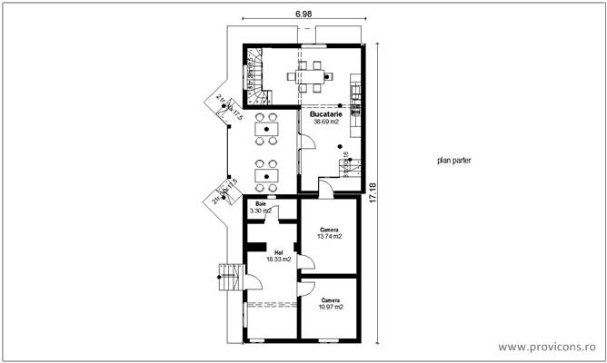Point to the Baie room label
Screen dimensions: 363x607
pyautogui.click(x=261, y=204)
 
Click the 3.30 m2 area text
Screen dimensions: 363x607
pyautogui.click(x=261, y=211)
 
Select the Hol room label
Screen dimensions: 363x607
pyautogui.click(x=278, y=251)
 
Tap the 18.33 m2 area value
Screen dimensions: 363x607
pyautogui.click(x=278, y=259)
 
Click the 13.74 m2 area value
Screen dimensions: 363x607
pyautogui.click(x=329, y=236)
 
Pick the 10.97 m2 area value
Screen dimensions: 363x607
pyautogui.click(x=330, y=307)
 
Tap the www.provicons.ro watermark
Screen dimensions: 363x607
pyautogui.click(x=547, y=347)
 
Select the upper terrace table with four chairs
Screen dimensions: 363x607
pyautogui.click(x=265, y=129)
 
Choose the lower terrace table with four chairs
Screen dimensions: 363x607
pyautogui.click(x=265, y=172)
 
